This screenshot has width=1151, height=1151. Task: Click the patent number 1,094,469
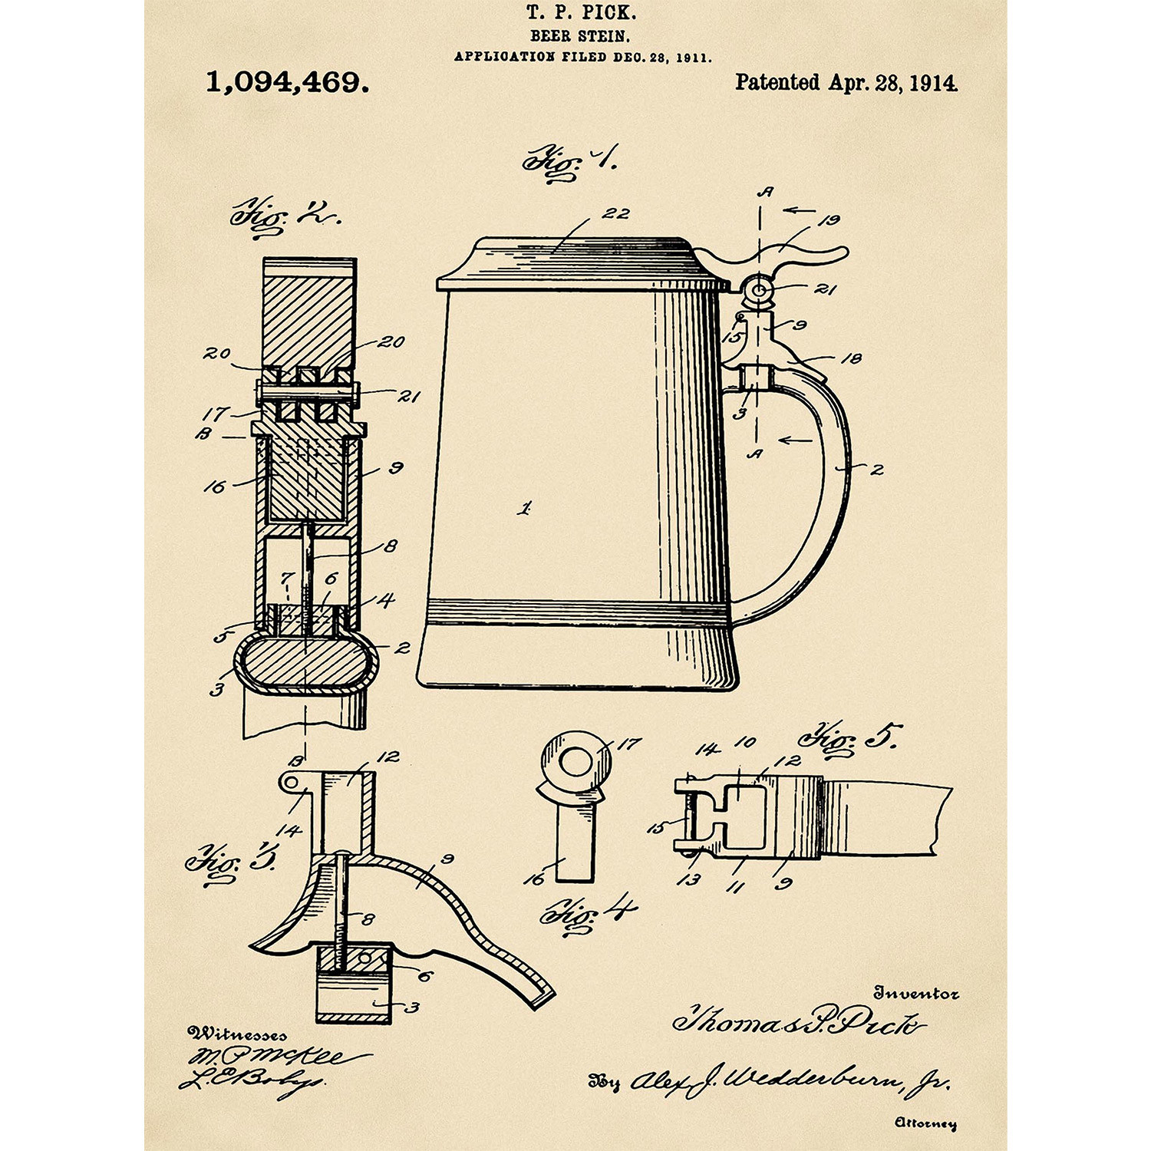coord(287,82)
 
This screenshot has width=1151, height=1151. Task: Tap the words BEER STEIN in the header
coord(580,35)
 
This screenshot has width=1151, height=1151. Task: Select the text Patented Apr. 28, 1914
coord(846,83)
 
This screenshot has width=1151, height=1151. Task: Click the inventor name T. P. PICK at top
coord(581,12)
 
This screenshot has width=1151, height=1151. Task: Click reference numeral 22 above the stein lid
coord(615,213)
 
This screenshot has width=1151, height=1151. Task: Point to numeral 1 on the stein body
coord(525,508)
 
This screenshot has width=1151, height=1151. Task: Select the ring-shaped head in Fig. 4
coord(576,763)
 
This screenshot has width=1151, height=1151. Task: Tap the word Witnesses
coord(238,1034)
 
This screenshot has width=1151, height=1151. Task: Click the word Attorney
coord(925,1123)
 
